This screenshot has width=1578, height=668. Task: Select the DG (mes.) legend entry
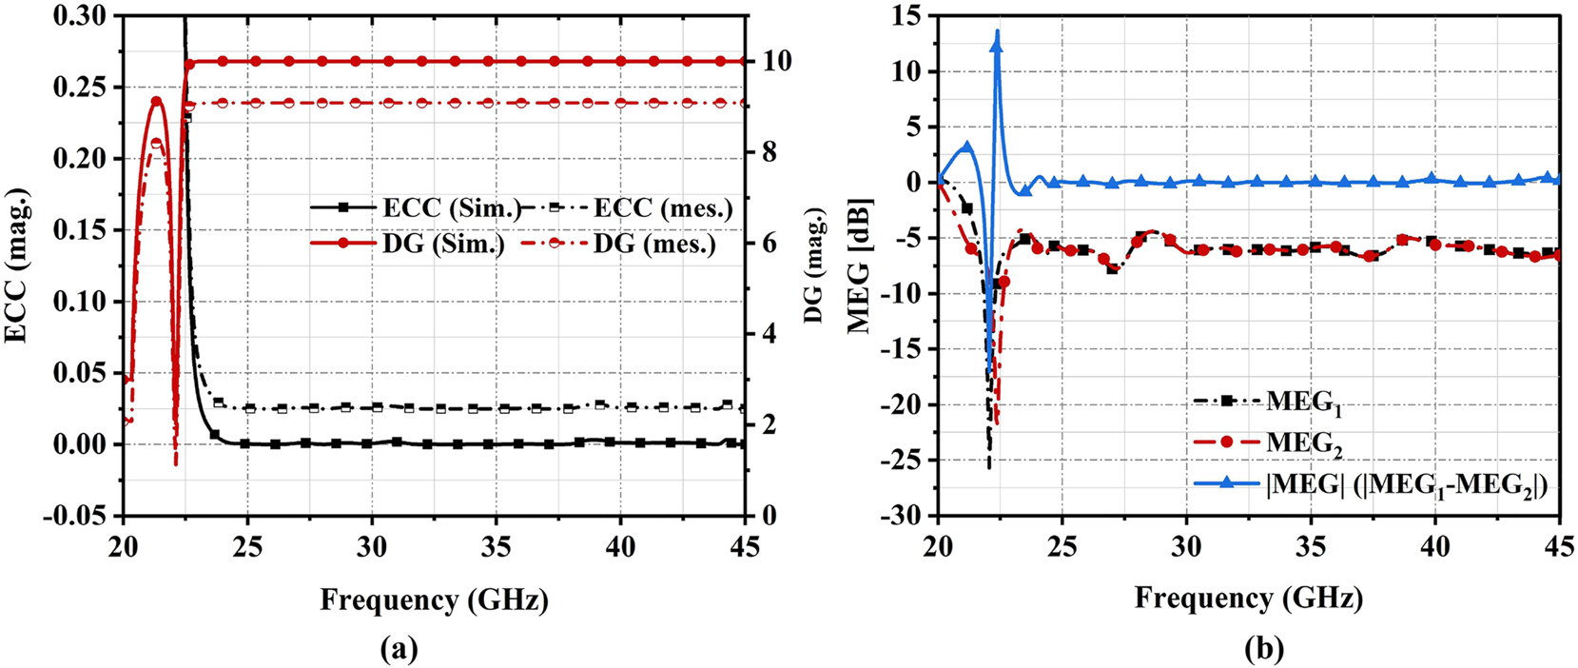tap(654, 244)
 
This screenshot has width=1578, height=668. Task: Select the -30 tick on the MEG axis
tap(906, 516)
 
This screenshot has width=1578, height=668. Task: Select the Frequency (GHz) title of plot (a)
tap(434, 599)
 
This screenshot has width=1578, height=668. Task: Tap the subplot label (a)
tap(399, 649)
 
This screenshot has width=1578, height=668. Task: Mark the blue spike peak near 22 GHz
tap(997, 32)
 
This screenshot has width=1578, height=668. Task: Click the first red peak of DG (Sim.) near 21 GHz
tap(157, 99)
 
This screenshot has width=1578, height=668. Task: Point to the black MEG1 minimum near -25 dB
tap(989, 467)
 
